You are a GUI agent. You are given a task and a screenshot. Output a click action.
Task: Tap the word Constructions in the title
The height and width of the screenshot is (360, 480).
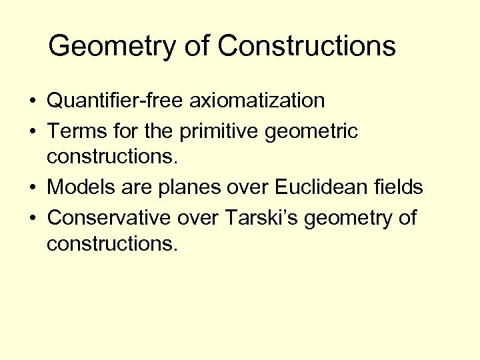point(307,46)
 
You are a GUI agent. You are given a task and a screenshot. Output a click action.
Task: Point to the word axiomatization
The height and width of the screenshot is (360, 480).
point(258,101)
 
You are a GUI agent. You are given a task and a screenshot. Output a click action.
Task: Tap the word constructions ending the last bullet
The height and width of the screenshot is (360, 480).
point(112,244)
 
